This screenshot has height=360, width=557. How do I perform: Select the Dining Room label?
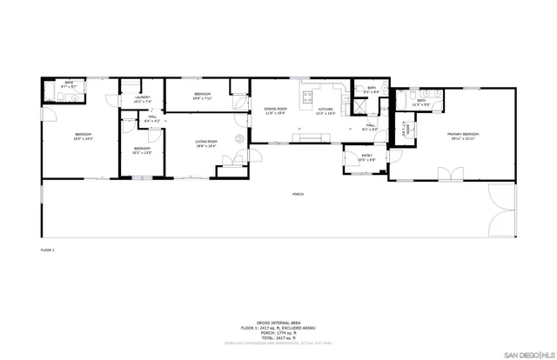pyautogui.click(x=276, y=110)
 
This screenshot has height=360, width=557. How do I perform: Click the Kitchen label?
pyautogui.click(x=325, y=110)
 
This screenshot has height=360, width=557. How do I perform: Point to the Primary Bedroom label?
pyautogui.click(x=465, y=135)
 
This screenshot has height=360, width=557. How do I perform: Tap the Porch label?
pyautogui.click(x=298, y=193)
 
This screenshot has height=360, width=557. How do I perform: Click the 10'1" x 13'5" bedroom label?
pyautogui.click(x=142, y=150)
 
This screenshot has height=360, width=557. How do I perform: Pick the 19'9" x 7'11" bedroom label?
pyautogui.click(x=202, y=95)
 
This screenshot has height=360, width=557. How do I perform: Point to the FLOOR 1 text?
pyautogui.click(x=47, y=250)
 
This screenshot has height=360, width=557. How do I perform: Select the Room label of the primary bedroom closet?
pyautogui.click(x=404, y=126)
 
